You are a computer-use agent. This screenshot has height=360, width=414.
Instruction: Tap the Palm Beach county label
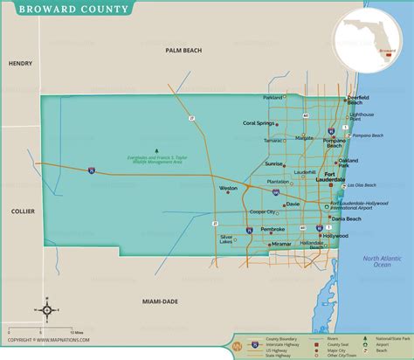point(184,52)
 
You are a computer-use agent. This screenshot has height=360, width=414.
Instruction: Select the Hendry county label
point(19,64)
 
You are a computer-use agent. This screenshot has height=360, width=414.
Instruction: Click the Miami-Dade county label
point(159,301)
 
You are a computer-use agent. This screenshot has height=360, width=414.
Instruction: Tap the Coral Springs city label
point(260,123)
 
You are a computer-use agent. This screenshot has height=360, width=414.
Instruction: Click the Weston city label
point(228,188)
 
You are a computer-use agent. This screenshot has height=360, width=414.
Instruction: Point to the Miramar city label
point(281,244)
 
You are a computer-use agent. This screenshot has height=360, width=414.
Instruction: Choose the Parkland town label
point(273,97)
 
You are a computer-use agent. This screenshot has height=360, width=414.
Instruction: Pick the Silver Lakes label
point(231,239)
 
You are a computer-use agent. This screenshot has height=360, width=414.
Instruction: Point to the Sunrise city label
point(274,163)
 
